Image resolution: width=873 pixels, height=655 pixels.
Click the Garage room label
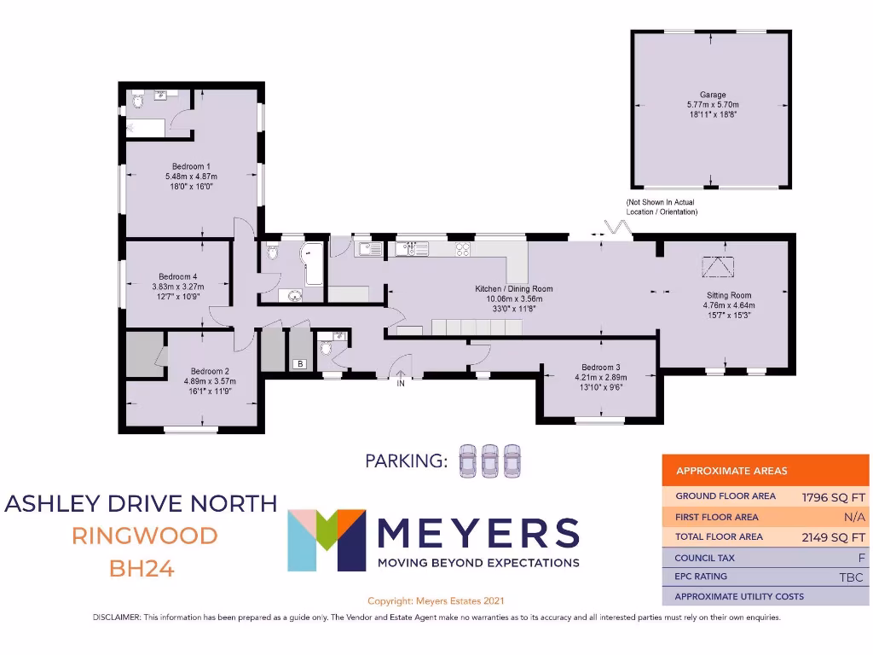[x=713, y=95]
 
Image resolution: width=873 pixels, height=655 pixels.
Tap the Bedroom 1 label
[x=191, y=166]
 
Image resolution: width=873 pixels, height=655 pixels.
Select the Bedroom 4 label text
[x=177, y=276]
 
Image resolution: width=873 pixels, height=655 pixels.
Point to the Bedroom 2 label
[x=210, y=371]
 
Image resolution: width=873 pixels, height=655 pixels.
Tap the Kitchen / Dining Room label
[x=514, y=289]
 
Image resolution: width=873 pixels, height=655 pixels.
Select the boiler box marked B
[x=300, y=364]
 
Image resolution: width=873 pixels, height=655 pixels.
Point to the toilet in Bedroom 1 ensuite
[x=138, y=104]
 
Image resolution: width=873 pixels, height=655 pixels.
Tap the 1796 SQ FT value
[x=833, y=496]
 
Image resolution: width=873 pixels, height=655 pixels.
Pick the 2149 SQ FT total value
[x=833, y=537]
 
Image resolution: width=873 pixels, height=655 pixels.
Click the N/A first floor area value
[x=855, y=517]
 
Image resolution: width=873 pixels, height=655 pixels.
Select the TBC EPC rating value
[x=851, y=577]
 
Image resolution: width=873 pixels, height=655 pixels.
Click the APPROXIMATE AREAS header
[x=731, y=471]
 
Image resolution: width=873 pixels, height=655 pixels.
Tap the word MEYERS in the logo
[x=477, y=534]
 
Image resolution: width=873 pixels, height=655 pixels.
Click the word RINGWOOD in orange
[x=144, y=536]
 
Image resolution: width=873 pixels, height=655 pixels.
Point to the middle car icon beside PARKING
[x=490, y=461]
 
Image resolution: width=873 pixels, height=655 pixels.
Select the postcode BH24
[x=142, y=568]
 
